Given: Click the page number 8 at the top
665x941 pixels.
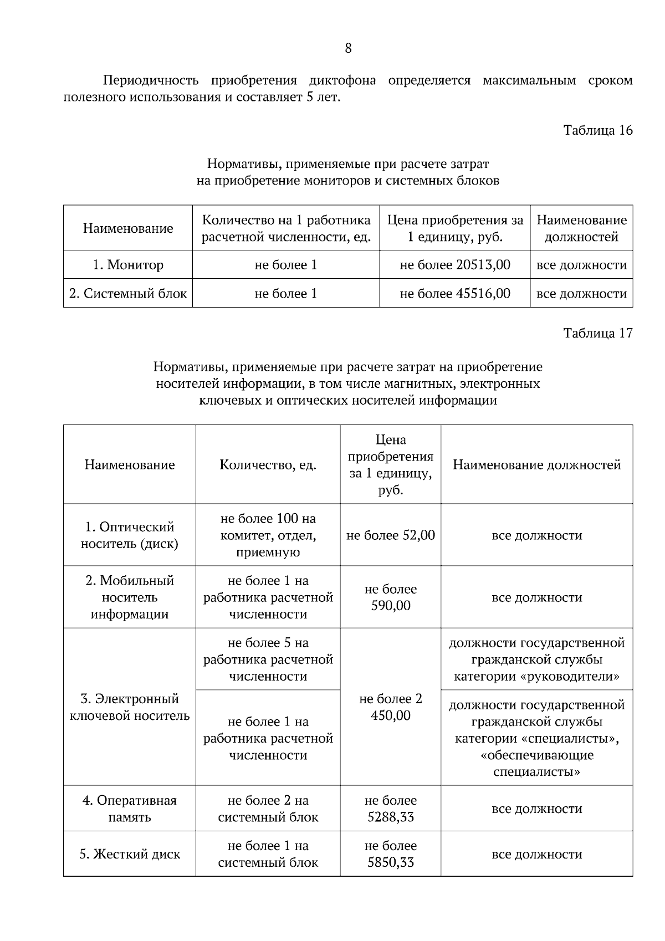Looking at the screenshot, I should coord(348,49).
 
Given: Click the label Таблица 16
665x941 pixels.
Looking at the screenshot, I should coord(597,131).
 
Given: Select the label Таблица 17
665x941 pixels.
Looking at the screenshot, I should coord(597,333).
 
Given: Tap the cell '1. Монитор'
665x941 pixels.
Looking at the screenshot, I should coord(128,265).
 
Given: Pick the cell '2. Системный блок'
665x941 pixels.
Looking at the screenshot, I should coord(128,293).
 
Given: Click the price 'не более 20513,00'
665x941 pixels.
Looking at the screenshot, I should coord(454,265).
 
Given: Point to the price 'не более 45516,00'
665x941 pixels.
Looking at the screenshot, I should coord(454,293).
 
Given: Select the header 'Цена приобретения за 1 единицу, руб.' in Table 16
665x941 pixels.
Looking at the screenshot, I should coord(454,228).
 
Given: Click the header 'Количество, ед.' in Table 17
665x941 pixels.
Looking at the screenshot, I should coord(268,465).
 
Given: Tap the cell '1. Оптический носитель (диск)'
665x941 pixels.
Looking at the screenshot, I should coord(129,535).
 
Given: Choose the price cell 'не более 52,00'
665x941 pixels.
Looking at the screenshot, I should coord(390,535).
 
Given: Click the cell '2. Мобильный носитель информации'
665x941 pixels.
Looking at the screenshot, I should coord(129,597).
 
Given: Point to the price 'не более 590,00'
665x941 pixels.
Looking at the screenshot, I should coord(390,597).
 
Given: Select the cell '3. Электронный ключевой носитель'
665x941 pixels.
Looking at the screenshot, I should coord(129,707).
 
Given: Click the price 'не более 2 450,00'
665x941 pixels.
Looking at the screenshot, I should coord(390,707).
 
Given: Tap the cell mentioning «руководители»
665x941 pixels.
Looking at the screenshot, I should coord(536,659).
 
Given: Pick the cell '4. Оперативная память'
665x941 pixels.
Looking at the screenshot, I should coord(129,809).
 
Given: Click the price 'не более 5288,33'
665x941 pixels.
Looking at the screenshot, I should coord(390,809).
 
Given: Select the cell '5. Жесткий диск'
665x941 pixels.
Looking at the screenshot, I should coord(129,854).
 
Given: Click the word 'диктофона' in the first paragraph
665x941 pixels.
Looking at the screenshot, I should coord(342,81).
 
